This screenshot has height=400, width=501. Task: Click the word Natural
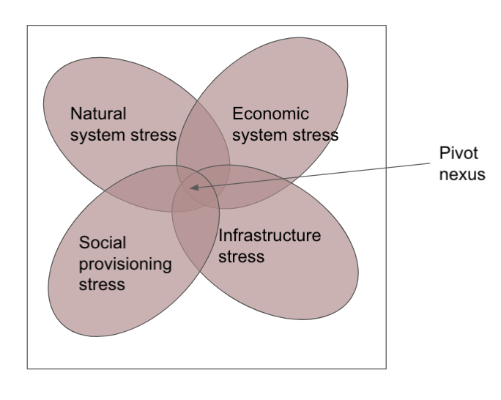tap(98, 114)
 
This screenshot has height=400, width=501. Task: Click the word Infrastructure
tap(270, 236)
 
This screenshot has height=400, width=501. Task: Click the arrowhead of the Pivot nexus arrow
tap(192, 188)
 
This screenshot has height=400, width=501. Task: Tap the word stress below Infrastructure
tap(242, 257)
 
